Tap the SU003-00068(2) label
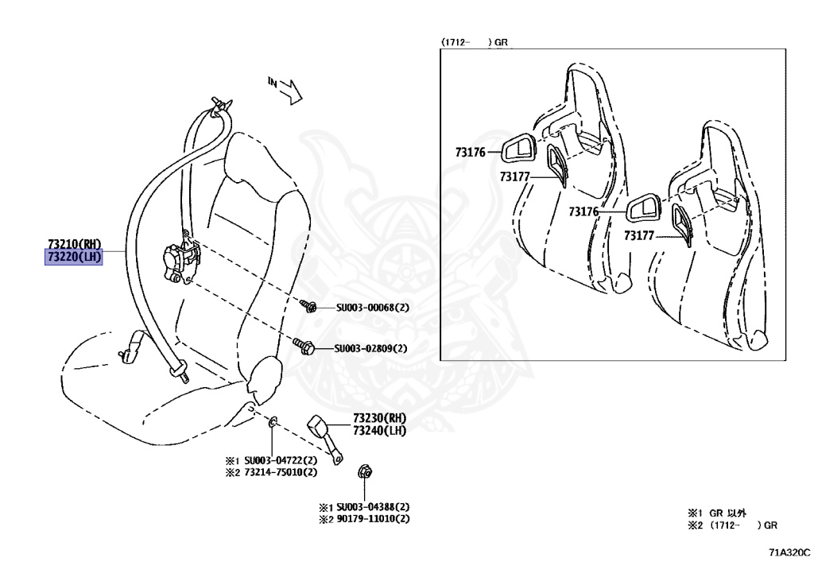[370, 307]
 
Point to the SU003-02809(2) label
[370, 348]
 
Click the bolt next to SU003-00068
[308, 305]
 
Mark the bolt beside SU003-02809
[304, 347]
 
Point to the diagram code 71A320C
[789, 550]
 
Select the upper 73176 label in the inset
[471, 151]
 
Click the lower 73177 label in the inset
[639, 235]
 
